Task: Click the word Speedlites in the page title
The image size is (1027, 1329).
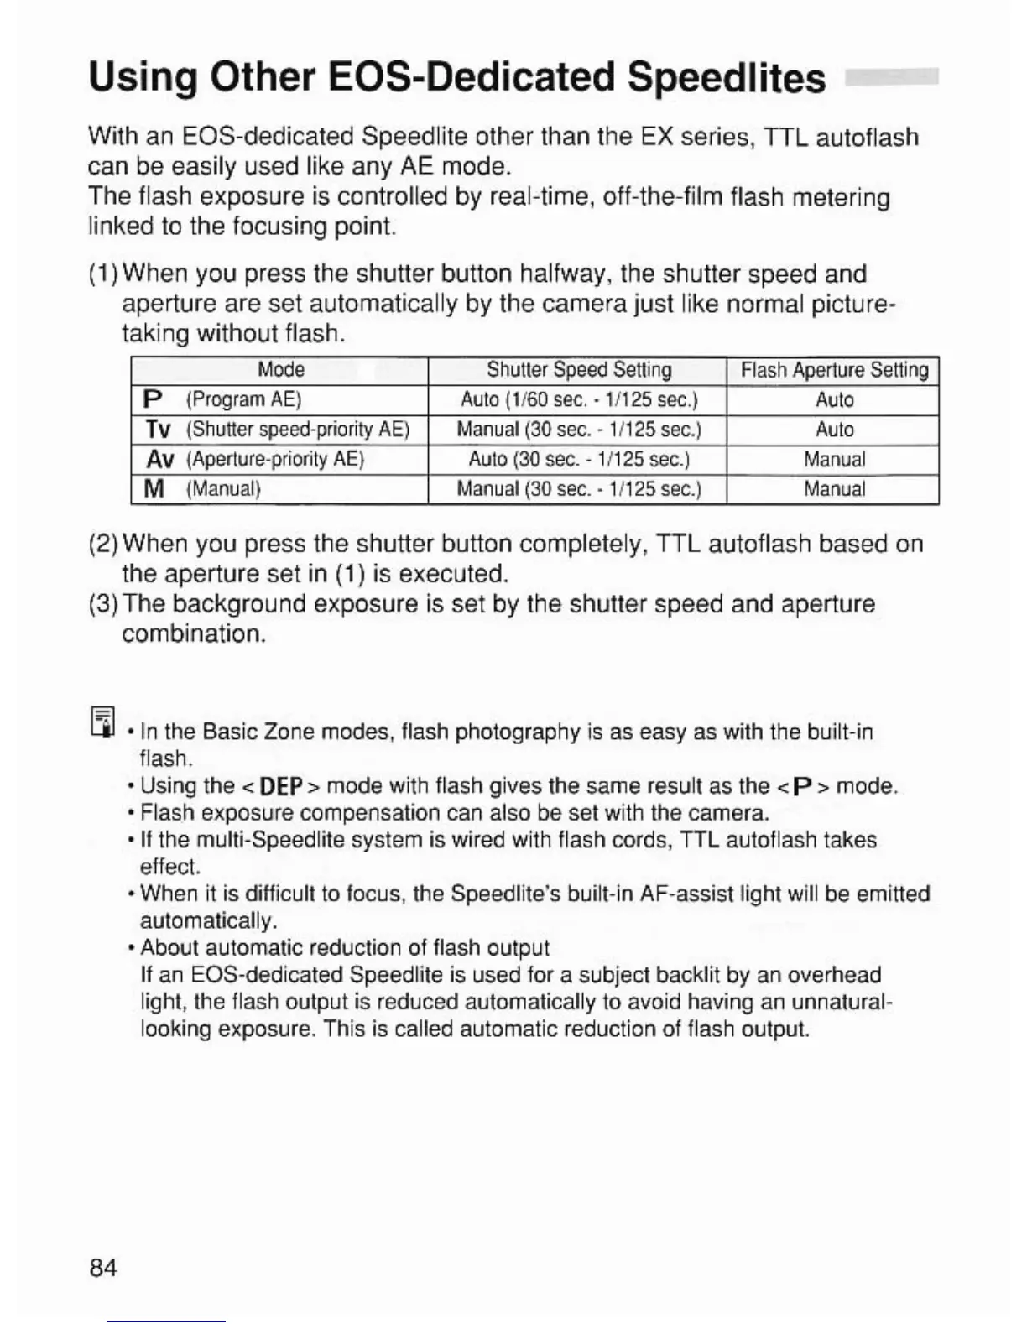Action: point(726,78)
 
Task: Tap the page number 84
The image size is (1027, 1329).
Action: point(103,1267)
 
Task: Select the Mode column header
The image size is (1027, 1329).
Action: point(280,370)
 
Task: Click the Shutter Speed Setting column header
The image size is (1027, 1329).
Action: point(578,370)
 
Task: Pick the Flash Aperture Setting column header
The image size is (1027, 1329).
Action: point(834,370)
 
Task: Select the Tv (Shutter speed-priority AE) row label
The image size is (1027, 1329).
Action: point(277,430)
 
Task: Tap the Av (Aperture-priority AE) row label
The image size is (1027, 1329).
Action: point(255,460)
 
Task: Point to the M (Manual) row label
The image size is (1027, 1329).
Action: point(202,489)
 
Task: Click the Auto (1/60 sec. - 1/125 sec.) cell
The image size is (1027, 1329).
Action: point(578,399)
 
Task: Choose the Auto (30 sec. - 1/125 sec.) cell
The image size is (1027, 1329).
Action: point(578,460)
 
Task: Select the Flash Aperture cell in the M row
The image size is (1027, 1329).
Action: point(834,489)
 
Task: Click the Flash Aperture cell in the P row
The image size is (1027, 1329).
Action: point(834,399)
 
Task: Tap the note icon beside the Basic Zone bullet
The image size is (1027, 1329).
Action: point(102,722)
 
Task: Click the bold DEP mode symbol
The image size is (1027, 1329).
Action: point(280,787)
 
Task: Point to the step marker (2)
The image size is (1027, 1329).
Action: point(104,545)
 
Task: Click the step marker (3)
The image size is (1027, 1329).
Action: point(104,604)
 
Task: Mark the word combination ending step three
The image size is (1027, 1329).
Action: point(194,633)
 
